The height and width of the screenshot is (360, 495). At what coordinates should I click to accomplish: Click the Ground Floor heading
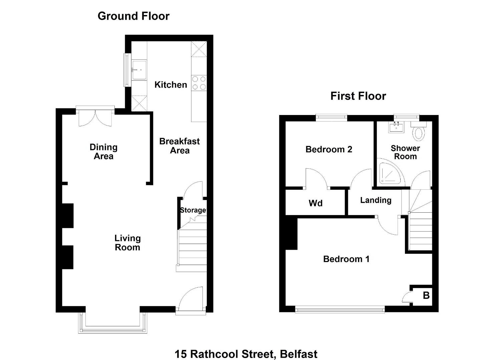point(133,16)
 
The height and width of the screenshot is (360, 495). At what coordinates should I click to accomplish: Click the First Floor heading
point(358,96)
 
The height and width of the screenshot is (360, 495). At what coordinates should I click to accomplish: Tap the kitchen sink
point(139,70)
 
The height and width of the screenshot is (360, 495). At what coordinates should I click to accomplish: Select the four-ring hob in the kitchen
point(199,83)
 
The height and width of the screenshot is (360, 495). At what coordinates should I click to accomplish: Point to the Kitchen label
point(170,85)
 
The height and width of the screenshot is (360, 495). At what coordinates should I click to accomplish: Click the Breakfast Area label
point(179,146)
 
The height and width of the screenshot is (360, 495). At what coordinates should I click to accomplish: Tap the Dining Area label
point(103,152)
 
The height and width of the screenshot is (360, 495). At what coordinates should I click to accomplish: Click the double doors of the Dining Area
point(95,118)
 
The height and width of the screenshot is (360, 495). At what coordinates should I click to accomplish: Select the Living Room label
point(127,243)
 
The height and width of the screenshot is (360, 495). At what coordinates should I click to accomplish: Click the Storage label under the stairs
point(193,210)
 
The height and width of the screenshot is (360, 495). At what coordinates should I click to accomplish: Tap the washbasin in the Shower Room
point(396,127)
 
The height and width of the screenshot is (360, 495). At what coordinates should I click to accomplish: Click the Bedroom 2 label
point(329,150)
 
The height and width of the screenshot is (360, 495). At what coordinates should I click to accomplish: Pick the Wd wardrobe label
point(315,203)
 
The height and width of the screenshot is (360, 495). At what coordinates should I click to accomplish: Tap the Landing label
point(376,200)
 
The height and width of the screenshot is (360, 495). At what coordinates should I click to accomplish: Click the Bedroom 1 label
point(346,259)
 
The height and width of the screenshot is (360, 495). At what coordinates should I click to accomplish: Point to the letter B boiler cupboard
point(426,295)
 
